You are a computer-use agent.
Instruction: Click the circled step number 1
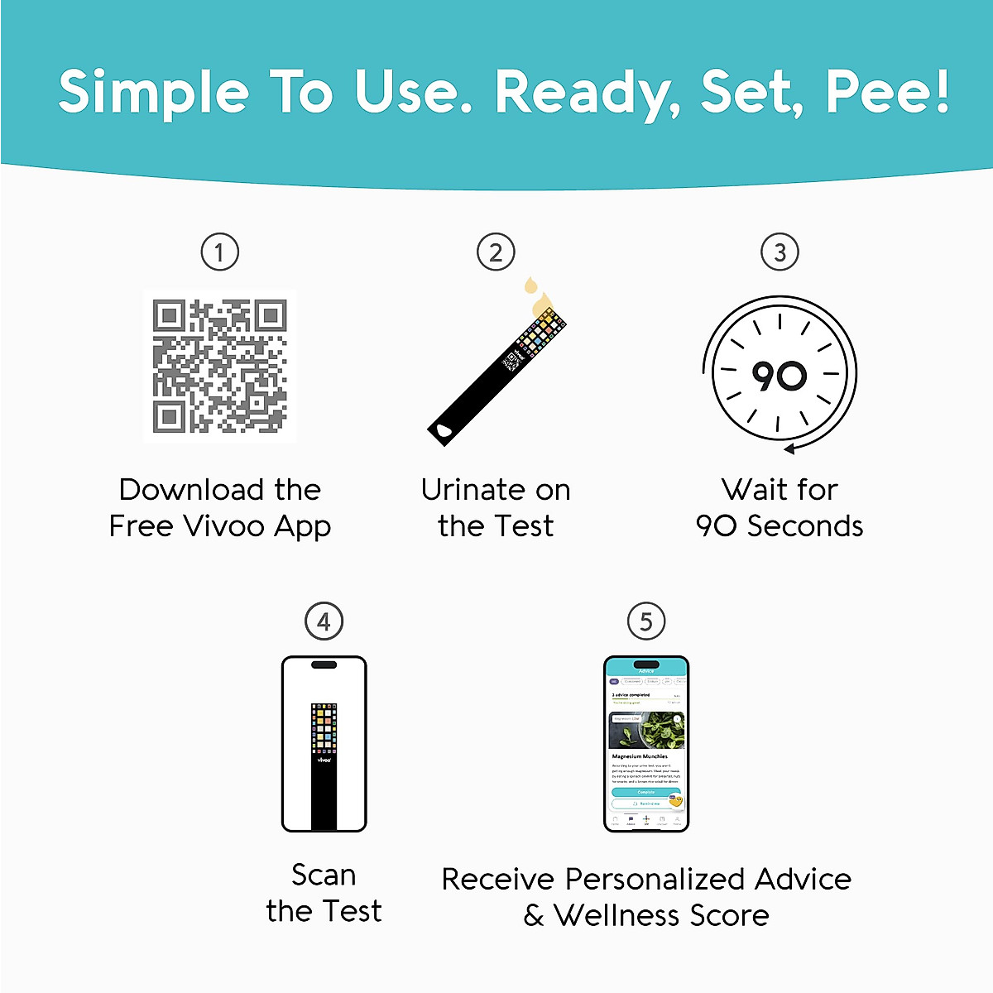219,252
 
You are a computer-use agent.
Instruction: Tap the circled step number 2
496,252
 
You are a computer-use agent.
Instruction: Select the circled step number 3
780,252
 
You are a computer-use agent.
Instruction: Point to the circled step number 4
324,621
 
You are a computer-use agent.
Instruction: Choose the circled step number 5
646,621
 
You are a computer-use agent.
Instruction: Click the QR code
219,366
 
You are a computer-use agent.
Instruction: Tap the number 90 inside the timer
779,377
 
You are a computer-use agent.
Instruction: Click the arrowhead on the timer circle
789,449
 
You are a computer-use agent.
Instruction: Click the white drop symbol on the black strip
444,430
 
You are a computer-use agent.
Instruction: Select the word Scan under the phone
324,875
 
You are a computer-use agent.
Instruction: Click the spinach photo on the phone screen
646,730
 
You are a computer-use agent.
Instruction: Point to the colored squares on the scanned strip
324,728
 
